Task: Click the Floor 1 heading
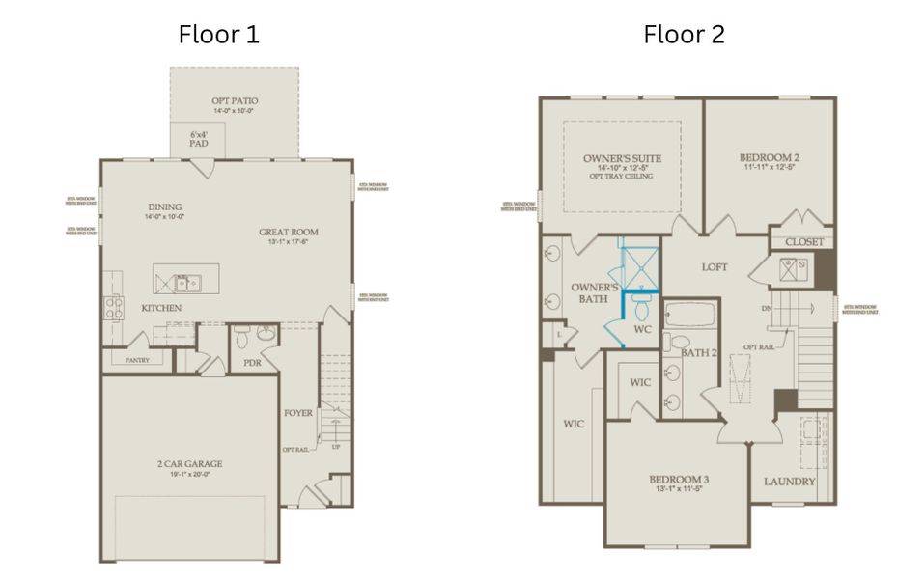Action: click(218, 36)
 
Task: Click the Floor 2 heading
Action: click(684, 36)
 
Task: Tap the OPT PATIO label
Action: click(235, 101)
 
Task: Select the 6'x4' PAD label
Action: click(199, 138)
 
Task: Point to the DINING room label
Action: click(165, 207)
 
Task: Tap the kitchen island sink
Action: click(185, 282)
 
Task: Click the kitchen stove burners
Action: click(113, 307)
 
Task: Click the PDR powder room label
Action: click(252, 363)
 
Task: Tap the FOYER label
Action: click(297, 413)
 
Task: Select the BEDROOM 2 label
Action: click(769, 157)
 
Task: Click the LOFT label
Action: click(715, 267)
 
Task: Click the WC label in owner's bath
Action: click(642, 329)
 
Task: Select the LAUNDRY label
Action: click(789, 482)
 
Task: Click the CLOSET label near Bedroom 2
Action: click(803, 241)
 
